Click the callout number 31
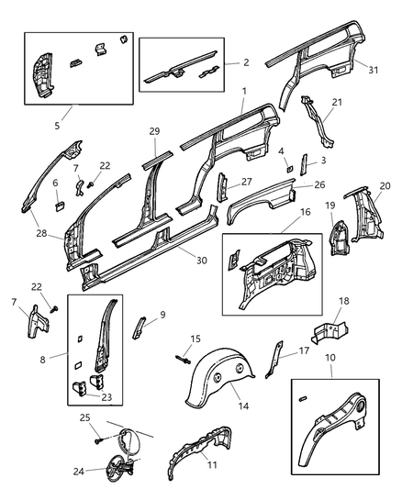pos(373,70)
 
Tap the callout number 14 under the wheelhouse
pos(243,406)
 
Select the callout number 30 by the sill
pos(202,260)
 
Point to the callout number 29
pos(154,131)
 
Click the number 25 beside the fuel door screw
pos(84,417)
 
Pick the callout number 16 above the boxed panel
pos(306,212)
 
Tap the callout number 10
pos(330,358)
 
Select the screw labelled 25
pos(97,440)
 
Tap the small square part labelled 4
pos(290,169)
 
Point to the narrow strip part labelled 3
pos(304,164)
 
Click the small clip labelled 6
pos(60,206)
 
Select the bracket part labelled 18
pos(330,332)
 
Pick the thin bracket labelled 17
pos(274,359)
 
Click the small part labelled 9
pos(140,328)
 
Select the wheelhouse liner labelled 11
pos(199,452)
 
